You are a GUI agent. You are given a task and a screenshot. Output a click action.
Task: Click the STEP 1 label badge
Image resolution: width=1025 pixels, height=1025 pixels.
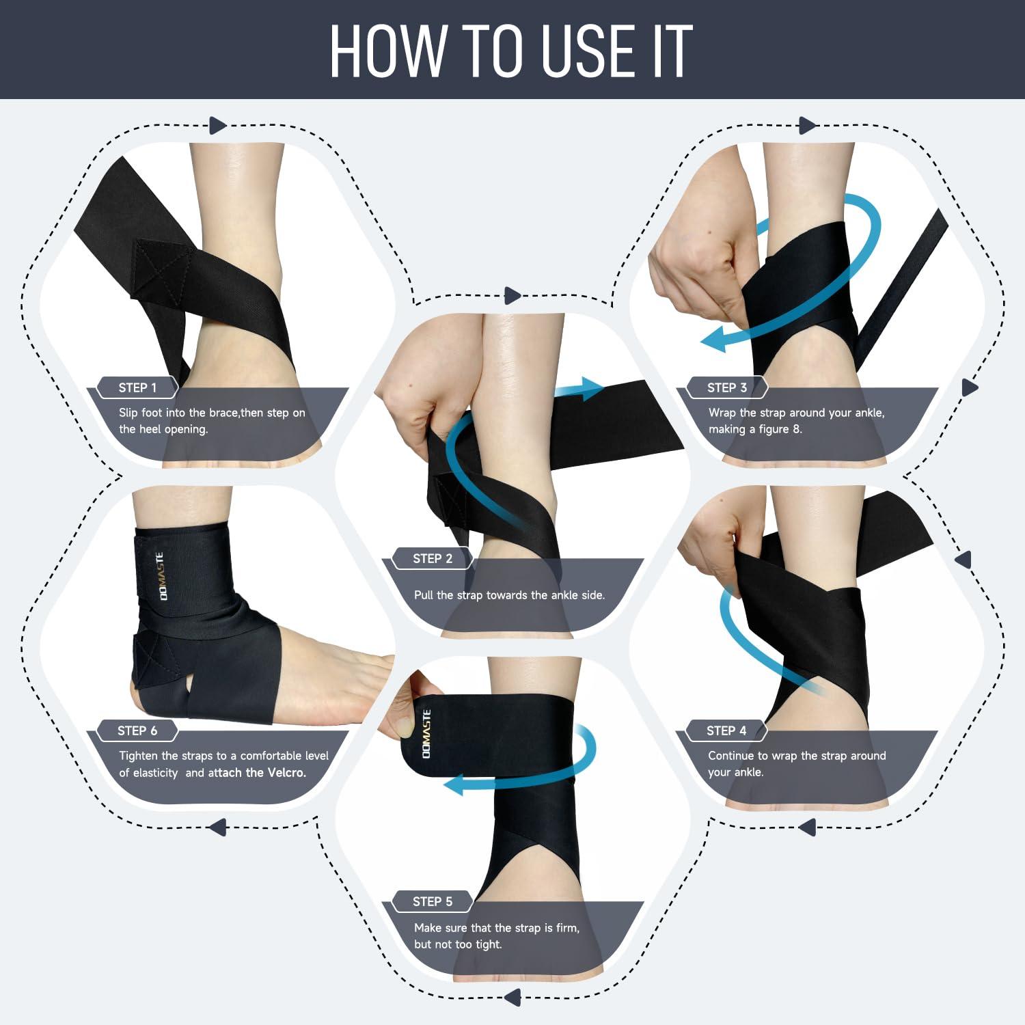[137, 387]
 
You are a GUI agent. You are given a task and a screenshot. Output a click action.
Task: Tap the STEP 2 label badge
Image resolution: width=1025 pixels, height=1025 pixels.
[432, 558]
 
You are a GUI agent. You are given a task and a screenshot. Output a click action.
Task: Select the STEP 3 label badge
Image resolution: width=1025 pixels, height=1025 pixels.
[726, 387]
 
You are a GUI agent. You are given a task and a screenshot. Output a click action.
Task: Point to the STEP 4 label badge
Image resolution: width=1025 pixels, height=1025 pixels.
[726, 730]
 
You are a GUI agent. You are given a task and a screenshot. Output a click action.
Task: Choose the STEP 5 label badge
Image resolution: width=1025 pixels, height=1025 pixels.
[432, 901]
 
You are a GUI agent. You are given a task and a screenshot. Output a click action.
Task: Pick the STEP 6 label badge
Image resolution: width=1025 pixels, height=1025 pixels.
[137, 730]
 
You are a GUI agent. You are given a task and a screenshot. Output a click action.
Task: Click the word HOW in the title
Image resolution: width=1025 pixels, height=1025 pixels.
[387, 52]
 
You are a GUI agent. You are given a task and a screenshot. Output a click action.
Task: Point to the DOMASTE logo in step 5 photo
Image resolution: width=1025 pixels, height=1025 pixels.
[426, 733]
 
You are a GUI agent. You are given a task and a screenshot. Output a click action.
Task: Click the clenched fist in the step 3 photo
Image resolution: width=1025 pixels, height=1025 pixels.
[690, 273]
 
